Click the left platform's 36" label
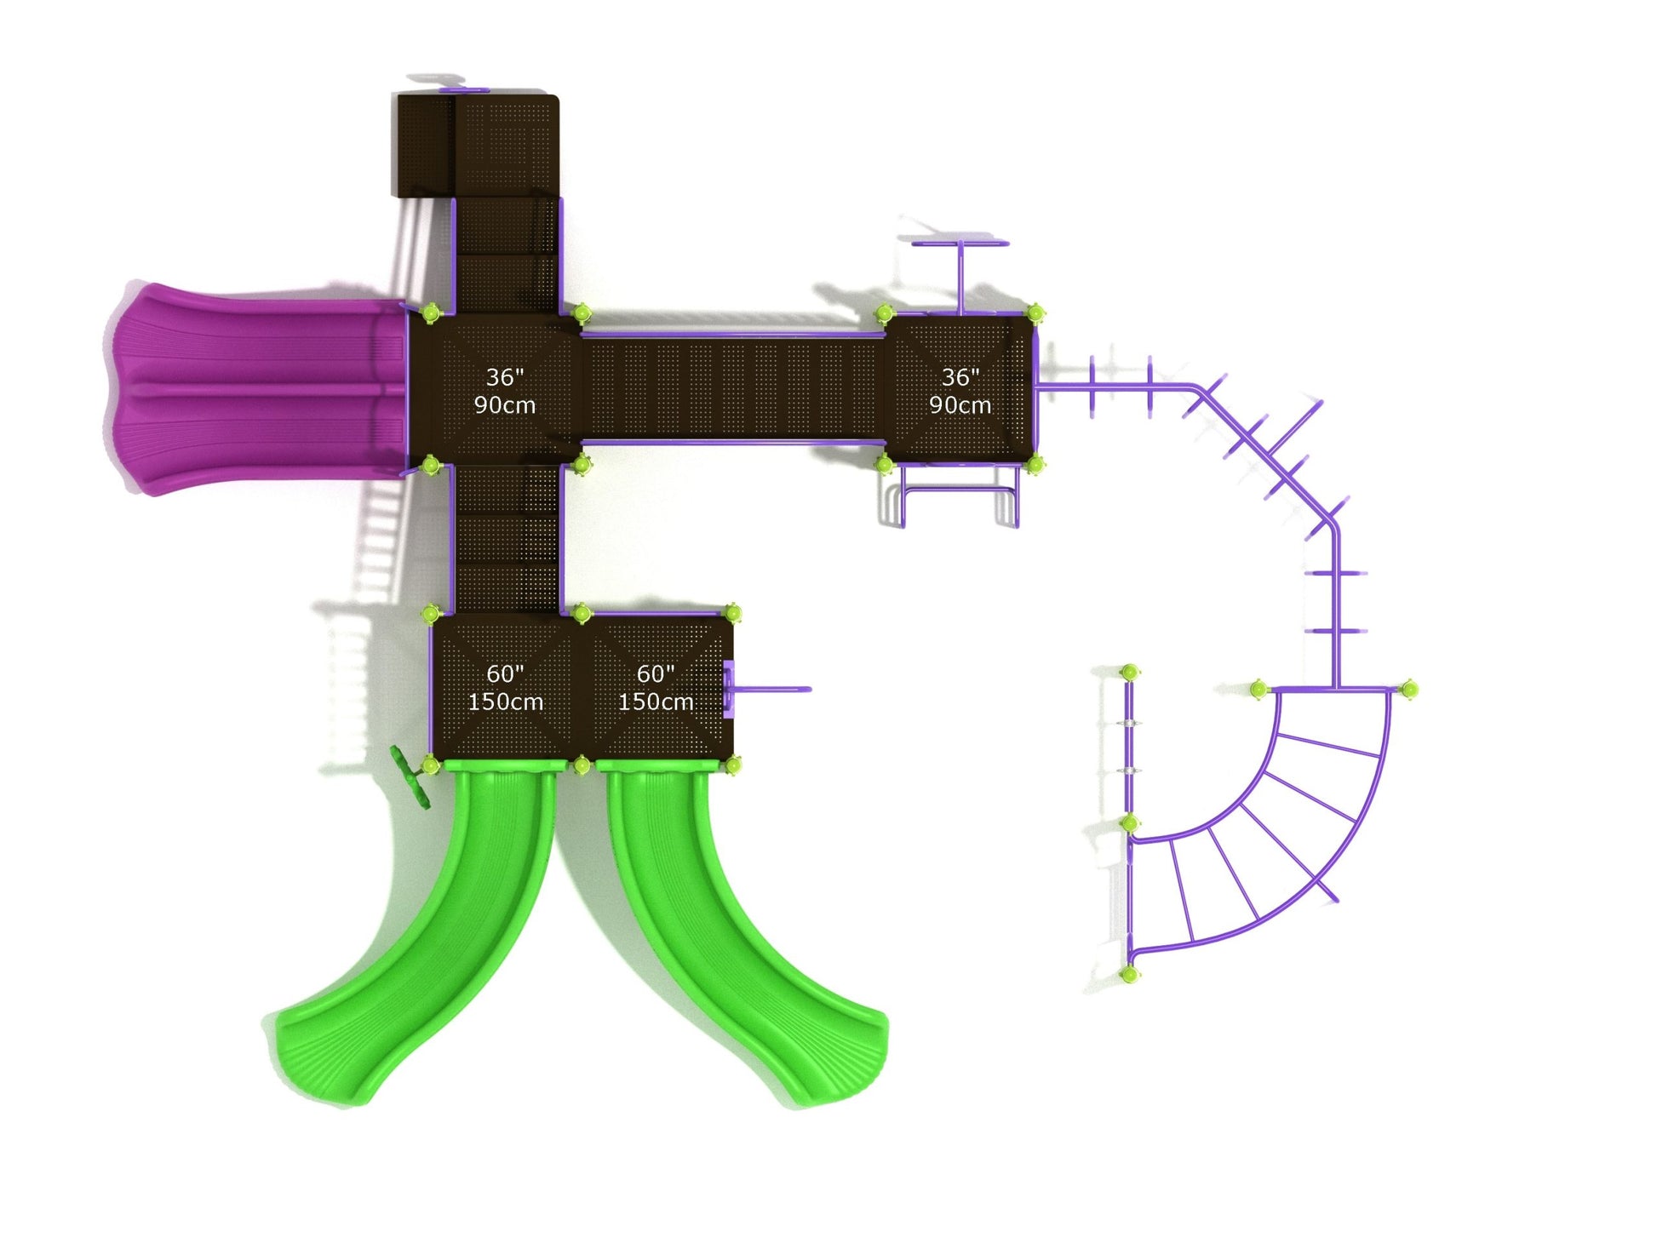pyautogui.click(x=505, y=377)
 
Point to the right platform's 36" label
pyautogui.click(x=960, y=377)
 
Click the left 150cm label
pyautogui.click(x=506, y=702)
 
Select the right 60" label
pyautogui.click(x=656, y=673)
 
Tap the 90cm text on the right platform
pyautogui.click(x=960, y=405)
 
